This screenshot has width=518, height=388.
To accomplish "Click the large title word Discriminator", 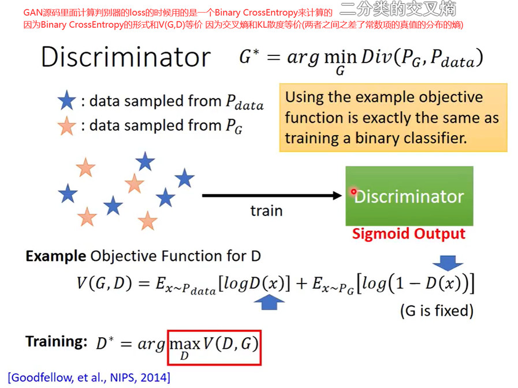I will tap(125, 57).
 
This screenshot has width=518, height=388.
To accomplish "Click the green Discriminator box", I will tap(409, 196).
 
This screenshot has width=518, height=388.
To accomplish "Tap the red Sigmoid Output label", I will tap(408, 234).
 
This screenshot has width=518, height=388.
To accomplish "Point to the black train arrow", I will tap(272, 196).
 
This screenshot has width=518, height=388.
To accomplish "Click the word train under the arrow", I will tap(266, 210).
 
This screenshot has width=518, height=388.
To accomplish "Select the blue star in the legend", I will tap(67, 102).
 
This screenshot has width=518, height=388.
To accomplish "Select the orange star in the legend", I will tap(67, 125).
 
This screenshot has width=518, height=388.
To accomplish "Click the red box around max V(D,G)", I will tap(214, 347).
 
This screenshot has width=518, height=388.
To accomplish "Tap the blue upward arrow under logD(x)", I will tap(269, 301).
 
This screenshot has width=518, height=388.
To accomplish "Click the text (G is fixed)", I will tap(437, 311).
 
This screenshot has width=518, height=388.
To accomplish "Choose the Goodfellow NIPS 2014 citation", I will tap(89, 378).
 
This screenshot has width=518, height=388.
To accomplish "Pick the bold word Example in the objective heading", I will tap(55, 256).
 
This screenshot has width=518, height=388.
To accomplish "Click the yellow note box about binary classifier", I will tap(393, 118).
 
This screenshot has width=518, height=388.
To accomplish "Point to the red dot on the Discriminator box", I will tap(353, 192).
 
